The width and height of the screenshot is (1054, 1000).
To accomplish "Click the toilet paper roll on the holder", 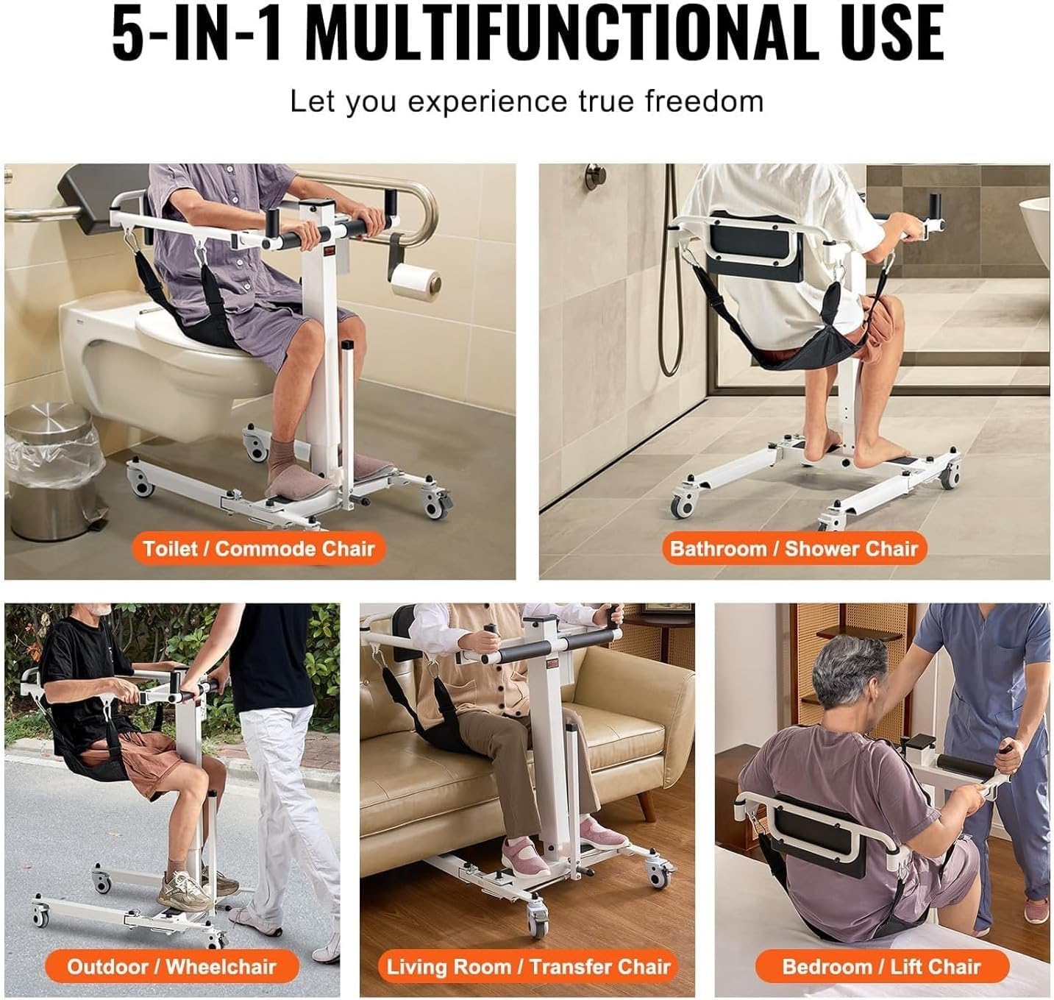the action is pyautogui.click(x=416, y=282).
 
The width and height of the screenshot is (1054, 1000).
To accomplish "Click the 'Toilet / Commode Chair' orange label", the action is pyautogui.click(x=259, y=548).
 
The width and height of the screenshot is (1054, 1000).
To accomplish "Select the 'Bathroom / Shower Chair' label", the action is pyautogui.click(x=794, y=548).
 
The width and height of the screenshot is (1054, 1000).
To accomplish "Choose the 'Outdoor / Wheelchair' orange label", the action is pyautogui.click(x=171, y=966).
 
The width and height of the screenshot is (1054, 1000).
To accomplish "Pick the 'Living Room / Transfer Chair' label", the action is pyautogui.click(x=528, y=966).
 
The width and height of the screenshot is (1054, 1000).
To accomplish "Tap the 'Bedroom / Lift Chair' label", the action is pyautogui.click(x=882, y=966).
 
